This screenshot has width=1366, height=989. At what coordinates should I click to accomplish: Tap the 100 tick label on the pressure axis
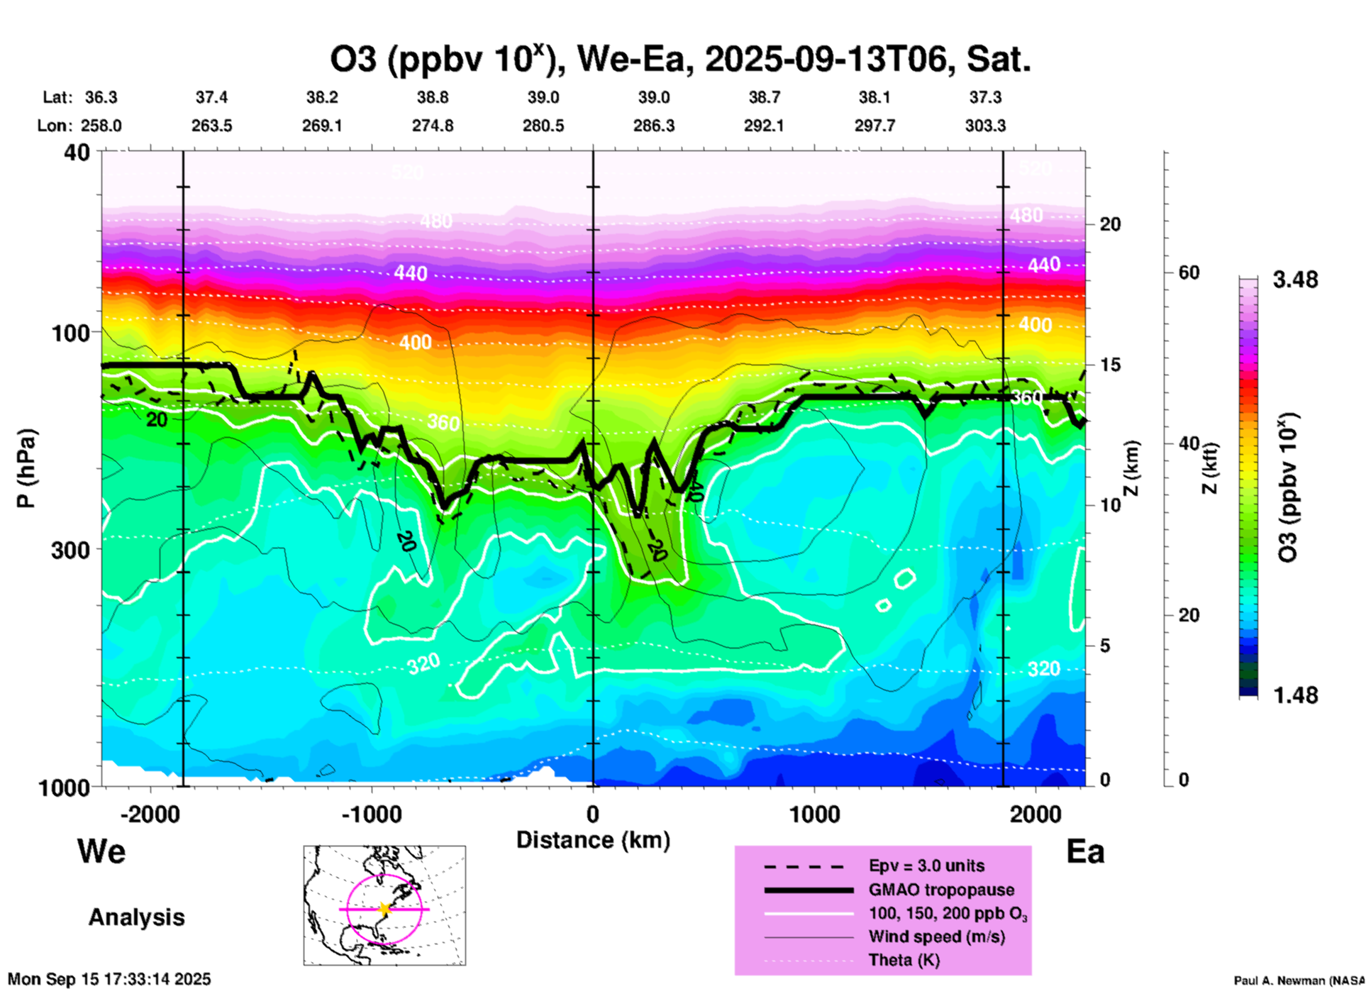(x=71, y=333)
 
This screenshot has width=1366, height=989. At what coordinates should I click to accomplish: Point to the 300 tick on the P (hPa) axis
(x=71, y=550)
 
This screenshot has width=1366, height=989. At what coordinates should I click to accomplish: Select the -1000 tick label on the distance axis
(x=372, y=814)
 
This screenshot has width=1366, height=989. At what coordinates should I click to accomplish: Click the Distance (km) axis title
(x=593, y=840)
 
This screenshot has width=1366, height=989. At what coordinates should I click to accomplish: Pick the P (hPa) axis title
(x=26, y=468)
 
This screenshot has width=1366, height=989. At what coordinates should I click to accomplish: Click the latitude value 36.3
(x=101, y=97)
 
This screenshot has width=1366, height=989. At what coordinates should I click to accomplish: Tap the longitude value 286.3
(x=653, y=126)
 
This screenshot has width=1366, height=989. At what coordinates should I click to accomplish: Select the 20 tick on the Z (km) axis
(x=1110, y=224)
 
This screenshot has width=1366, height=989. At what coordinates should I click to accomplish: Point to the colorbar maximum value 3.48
(x=1295, y=280)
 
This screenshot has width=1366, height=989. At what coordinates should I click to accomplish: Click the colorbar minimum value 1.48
(x=1295, y=695)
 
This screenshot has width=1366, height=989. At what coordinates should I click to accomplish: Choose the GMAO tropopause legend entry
(x=941, y=890)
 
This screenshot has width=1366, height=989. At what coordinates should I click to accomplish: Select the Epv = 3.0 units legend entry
(x=926, y=866)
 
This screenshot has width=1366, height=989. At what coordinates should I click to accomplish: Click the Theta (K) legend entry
(x=904, y=960)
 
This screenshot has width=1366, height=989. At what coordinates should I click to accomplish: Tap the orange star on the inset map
(x=384, y=908)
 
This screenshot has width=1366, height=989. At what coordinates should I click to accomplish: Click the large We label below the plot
(x=101, y=851)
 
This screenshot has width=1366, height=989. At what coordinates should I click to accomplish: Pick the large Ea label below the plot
(x=1085, y=851)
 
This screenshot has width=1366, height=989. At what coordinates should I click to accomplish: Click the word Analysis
(x=136, y=917)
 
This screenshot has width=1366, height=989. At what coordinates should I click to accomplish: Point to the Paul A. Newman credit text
(x=1299, y=980)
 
